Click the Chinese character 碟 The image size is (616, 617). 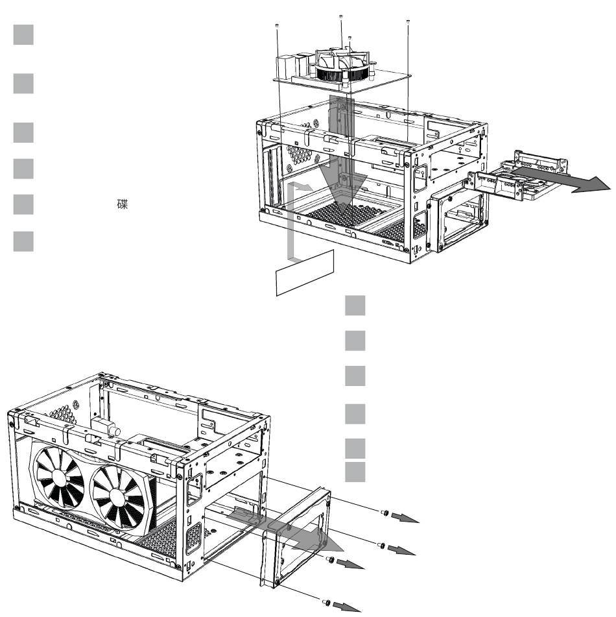pyautogui.click(x=123, y=204)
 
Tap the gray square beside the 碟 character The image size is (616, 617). pyautogui.click(x=23, y=204)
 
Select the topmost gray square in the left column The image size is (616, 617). pyautogui.click(x=23, y=34)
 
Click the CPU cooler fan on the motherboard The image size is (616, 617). pyautogui.click(x=343, y=64)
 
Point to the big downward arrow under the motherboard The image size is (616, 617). pyautogui.click(x=342, y=158)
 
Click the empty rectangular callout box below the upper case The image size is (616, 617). pyautogui.click(x=305, y=272)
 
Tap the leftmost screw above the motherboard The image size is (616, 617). pyautogui.click(x=278, y=25)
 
